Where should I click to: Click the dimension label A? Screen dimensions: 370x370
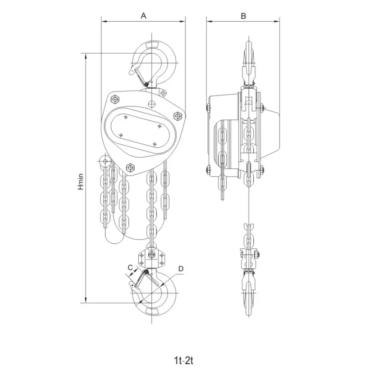143,16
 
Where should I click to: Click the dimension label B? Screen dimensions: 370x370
243,16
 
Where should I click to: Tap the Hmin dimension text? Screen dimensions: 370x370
81,182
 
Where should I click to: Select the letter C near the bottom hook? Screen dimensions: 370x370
130,268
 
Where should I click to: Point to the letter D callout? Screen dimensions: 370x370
181,269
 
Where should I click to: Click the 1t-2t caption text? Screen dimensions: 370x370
184,361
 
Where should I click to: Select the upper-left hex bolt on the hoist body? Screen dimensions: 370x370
115,99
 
